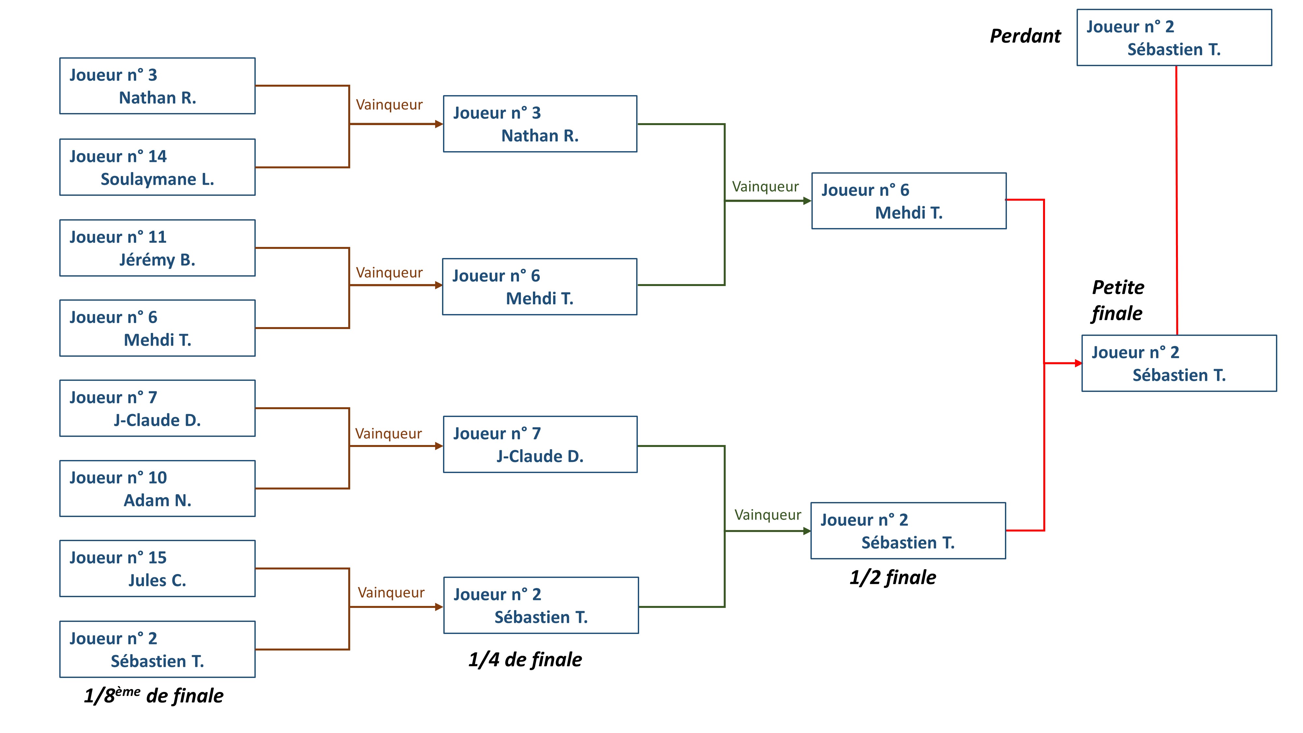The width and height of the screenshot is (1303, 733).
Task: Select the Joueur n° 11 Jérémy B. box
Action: click(157, 248)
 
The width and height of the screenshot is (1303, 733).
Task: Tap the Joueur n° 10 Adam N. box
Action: click(157, 489)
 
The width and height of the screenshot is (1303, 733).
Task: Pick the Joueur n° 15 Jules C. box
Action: click(157, 568)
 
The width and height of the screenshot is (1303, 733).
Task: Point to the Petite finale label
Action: click(1117, 300)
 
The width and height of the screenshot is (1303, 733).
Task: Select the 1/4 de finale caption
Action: click(525, 660)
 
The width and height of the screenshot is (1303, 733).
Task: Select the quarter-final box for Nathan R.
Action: click(540, 124)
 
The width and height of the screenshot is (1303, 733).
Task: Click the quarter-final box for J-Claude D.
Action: click(540, 445)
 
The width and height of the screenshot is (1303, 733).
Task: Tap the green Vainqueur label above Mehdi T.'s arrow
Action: click(765, 187)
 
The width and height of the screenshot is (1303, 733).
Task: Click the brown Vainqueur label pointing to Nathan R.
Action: click(389, 105)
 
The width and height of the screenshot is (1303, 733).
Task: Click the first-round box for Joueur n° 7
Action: click(157, 408)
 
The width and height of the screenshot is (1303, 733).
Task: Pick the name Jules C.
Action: click(157, 580)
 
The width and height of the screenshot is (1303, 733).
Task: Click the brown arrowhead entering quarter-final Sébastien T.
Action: click(439, 607)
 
